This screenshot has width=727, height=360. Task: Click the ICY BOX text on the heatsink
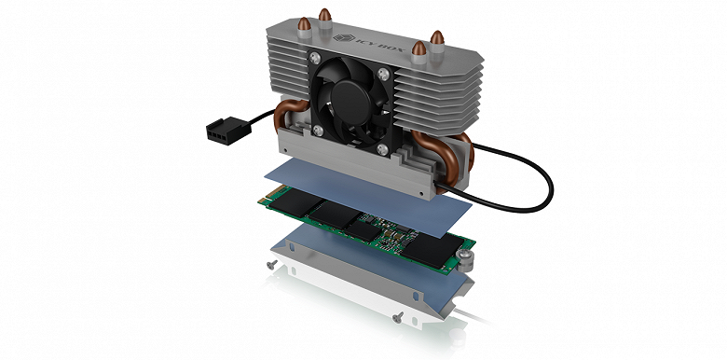[x=380, y=45]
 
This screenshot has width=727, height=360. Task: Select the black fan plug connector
[x=228, y=130]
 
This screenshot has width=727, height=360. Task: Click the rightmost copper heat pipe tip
[x=437, y=38]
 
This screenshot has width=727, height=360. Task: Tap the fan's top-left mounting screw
[x=315, y=58]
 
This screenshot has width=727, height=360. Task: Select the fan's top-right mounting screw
[x=384, y=74]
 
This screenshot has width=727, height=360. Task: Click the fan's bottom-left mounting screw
[x=318, y=131]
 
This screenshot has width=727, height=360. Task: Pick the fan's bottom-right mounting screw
[x=382, y=149]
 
